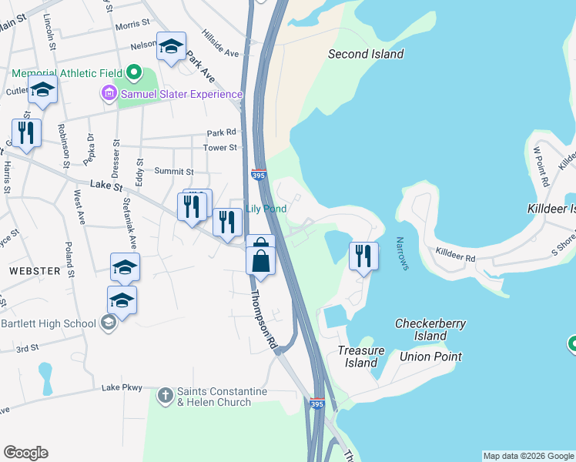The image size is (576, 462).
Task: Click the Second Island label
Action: pyautogui.click(x=366, y=54)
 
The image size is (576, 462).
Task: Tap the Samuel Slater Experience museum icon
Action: pyautogui.click(x=109, y=94)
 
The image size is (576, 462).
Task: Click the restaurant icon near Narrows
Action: pyautogui.click(x=363, y=255)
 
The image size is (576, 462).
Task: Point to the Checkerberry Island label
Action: pyautogui.click(x=430, y=330)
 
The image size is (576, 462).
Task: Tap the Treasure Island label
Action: pyautogui.click(x=360, y=357)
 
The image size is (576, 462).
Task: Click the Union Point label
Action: pyautogui.click(x=430, y=357)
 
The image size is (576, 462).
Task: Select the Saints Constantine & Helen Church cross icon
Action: pyautogui.click(x=165, y=396)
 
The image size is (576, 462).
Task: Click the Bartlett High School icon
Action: pyautogui.click(x=108, y=322)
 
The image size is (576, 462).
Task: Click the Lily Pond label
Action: pyautogui.click(x=266, y=209)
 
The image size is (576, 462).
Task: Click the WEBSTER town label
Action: pyautogui.click(x=34, y=271)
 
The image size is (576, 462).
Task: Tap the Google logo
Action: pyautogui.click(x=25, y=453)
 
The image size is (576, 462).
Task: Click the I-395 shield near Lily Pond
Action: pyautogui.click(x=259, y=176)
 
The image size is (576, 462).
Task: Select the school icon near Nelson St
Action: pyautogui.click(x=171, y=46)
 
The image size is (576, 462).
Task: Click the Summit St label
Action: pyautogui.click(x=173, y=171)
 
